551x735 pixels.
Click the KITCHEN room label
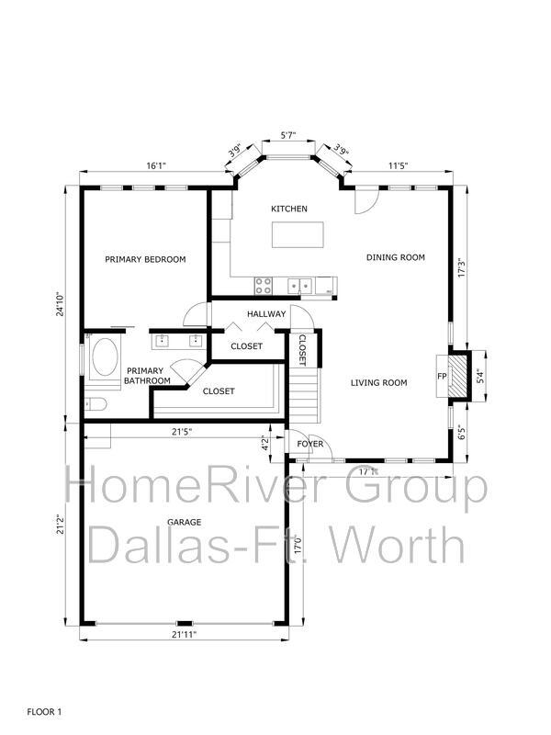pyautogui.click(x=289, y=209)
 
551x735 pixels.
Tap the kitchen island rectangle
pyautogui.click(x=298, y=235)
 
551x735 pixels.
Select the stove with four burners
pyautogui.click(x=264, y=286)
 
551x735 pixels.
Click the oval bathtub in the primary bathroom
pyautogui.click(x=105, y=357)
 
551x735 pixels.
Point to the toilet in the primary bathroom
pyautogui.click(x=96, y=403)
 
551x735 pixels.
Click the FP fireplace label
pyautogui.click(x=442, y=376)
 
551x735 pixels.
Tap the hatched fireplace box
pyautogui.click(x=457, y=376)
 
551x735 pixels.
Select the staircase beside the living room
pyautogui.click(x=305, y=395)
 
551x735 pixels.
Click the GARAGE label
pyautogui.click(x=185, y=522)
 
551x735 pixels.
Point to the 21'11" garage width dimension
pyautogui.click(x=184, y=634)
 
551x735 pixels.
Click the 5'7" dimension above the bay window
pyautogui.click(x=288, y=135)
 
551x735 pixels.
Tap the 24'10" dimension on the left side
pyautogui.click(x=60, y=304)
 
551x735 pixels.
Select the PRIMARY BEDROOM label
pyautogui.click(x=145, y=259)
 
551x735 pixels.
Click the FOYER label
pyautogui.click(x=310, y=444)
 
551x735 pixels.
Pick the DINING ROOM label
pyautogui.click(x=396, y=257)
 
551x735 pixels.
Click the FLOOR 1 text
pyautogui.click(x=44, y=711)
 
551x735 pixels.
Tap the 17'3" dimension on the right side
pyautogui.click(x=461, y=267)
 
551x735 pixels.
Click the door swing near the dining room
pyautogui.click(x=365, y=200)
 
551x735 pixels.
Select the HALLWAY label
pyautogui.click(x=266, y=313)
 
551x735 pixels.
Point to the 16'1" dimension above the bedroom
pyautogui.click(x=156, y=165)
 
